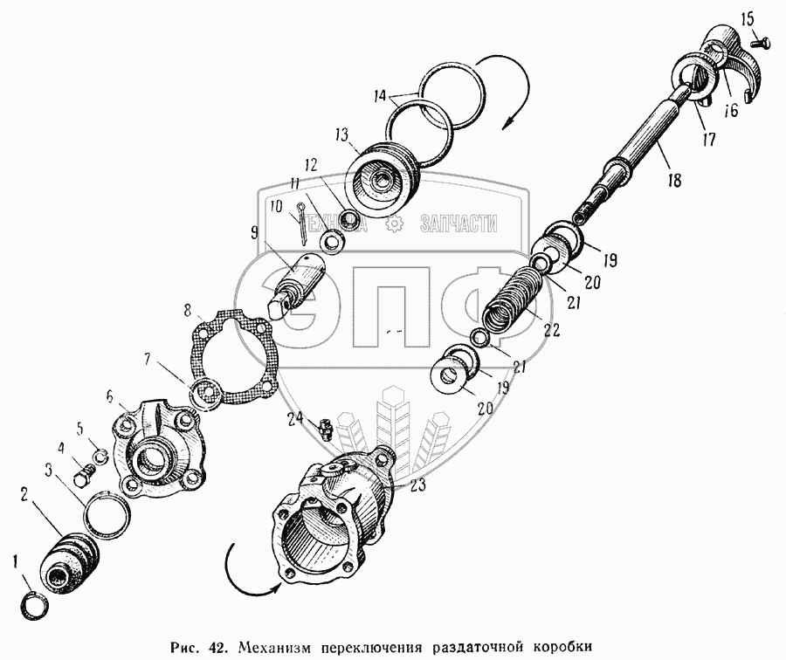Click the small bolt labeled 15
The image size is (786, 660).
tap(759, 42)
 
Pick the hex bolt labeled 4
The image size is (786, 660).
tap(84, 474)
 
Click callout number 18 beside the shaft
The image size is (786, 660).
tap(675, 180)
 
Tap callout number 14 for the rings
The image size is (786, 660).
tap(381, 95)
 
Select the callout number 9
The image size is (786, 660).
tap(253, 233)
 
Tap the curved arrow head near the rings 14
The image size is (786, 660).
tap(508, 123)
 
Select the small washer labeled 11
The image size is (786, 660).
tap(331, 241)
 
